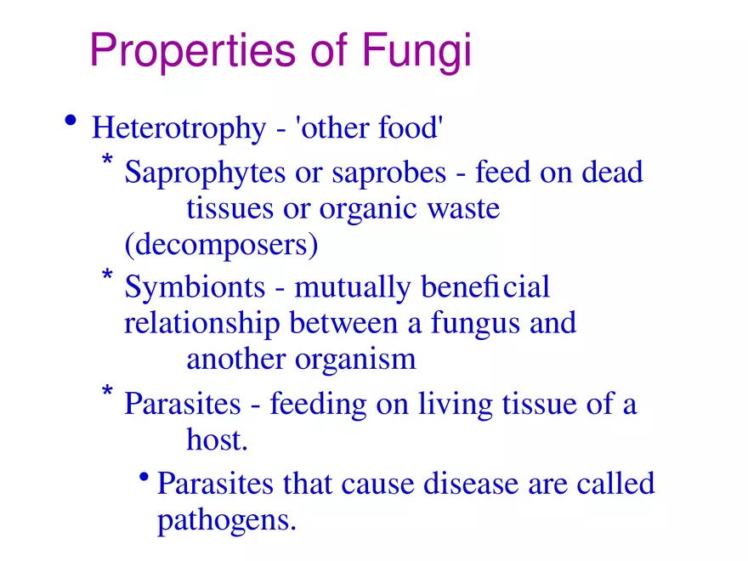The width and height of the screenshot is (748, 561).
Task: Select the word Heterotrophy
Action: (x=178, y=129)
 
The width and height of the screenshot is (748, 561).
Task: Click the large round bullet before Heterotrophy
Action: (x=71, y=122)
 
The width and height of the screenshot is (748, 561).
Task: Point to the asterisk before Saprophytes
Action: (x=107, y=161)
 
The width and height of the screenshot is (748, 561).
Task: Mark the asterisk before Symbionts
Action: (x=107, y=276)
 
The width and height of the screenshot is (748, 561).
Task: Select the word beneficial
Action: (x=486, y=287)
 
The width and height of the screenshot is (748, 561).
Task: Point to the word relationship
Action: (x=202, y=324)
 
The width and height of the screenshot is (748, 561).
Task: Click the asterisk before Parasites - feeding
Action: (x=107, y=392)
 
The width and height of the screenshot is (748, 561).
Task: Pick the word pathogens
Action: (x=227, y=519)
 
